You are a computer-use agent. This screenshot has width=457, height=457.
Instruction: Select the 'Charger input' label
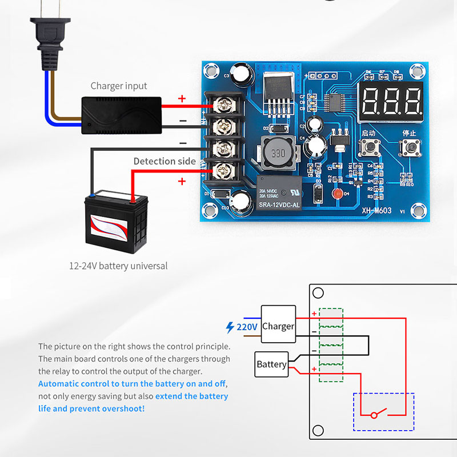(119, 86)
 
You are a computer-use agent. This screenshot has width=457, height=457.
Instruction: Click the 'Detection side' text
(165, 161)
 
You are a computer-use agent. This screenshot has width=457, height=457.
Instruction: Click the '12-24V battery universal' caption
(118, 266)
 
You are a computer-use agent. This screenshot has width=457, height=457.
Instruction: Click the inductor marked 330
(278, 154)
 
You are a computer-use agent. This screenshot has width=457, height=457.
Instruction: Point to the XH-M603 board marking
(376, 211)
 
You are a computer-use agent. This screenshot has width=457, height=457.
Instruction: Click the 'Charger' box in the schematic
(278, 327)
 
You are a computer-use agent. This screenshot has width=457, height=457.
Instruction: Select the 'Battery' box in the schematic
(271, 364)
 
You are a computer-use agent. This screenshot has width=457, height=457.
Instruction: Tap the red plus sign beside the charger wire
(182, 99)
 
